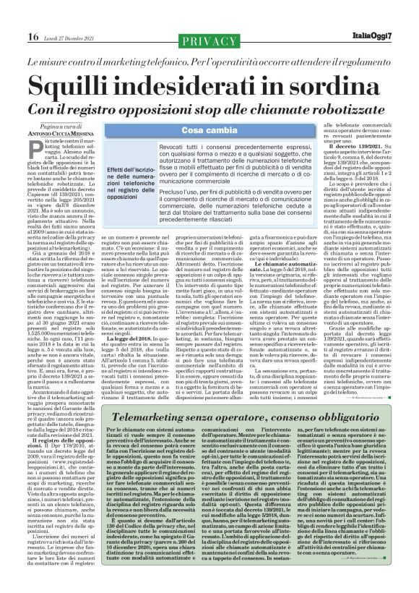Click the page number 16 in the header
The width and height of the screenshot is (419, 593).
pos(12,15)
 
